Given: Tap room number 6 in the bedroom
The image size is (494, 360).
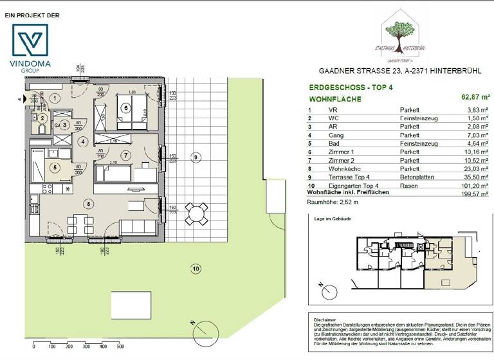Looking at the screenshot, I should tap(126, 108).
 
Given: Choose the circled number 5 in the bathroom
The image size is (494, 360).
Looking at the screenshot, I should tap(55, 167).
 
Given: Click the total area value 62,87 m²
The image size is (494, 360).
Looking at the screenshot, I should tap(472, 99).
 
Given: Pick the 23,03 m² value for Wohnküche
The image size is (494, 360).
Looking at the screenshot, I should tap(473, 167).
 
